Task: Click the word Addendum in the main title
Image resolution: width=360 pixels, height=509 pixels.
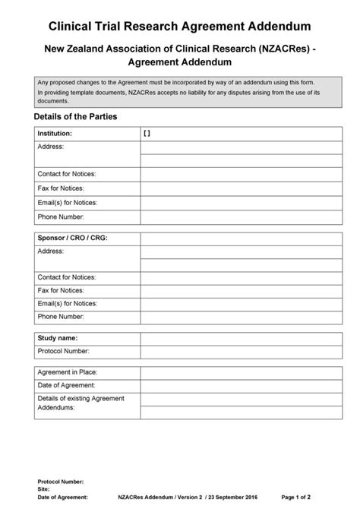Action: (x=276, y=27)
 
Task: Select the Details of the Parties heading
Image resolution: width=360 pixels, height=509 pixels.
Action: (x=75, y=117)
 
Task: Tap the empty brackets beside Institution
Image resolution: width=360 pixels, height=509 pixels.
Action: (x=147, y=132)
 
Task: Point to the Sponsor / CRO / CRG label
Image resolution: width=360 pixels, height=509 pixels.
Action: (x=72, y=238)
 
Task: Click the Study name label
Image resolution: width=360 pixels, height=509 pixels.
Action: (x=58, y=337)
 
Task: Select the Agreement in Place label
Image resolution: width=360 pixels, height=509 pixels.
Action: (x=68, y=372)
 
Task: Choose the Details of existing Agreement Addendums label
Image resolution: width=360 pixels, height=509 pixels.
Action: (x=80, y=403)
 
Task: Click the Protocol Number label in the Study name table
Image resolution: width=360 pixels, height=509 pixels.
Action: (x=63, y=351)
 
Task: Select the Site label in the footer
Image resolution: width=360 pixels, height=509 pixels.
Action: (x=44, y=488)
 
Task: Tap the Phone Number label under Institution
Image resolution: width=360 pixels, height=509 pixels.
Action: (x=61, y=217)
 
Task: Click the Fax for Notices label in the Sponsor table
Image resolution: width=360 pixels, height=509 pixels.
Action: (x=61, y=289)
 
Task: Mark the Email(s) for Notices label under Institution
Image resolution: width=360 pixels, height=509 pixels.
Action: (x=68, y=202)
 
